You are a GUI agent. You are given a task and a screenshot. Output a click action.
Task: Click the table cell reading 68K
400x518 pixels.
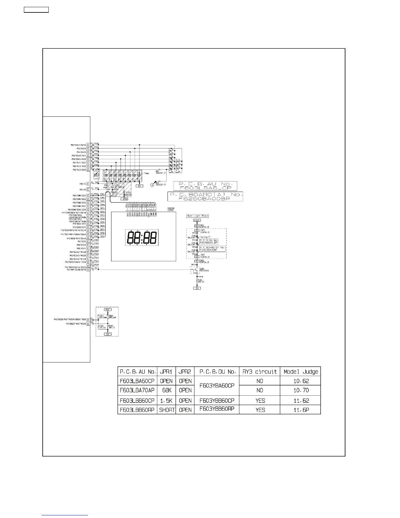coord(167,390)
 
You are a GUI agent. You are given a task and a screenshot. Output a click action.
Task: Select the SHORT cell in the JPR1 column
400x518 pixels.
coord(167,410)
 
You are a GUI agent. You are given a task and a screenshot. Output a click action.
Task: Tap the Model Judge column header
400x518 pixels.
coord(301,371)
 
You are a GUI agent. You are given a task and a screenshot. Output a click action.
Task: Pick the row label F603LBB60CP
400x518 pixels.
coord(137,400)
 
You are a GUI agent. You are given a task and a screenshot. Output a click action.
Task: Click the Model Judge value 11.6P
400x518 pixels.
coord(301,410)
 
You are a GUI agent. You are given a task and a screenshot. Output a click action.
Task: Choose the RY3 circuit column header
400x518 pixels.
coord(260,371)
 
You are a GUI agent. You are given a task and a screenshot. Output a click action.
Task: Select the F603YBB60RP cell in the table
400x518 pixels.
coord(217,409)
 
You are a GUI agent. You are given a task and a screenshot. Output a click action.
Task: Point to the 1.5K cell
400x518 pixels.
coord(167,400)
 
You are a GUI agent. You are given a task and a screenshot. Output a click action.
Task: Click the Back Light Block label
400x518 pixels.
coord(197,216)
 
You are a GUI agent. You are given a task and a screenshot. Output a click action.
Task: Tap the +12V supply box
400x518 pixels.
coord(197,220)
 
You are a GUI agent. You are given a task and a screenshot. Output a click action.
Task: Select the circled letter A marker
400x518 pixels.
coord(152,185)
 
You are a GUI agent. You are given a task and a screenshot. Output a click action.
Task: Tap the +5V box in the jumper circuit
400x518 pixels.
coord(107,309)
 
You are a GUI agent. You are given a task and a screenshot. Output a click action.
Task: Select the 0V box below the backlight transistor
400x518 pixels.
coord(197,288)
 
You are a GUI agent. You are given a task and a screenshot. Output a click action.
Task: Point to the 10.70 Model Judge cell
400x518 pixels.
coord(301,390)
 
